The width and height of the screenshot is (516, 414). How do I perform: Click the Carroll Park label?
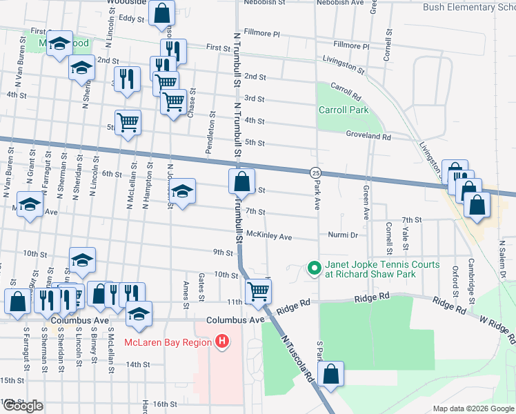tap(343, 110)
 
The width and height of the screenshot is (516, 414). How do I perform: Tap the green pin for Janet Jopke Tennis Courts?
tap(314, 267)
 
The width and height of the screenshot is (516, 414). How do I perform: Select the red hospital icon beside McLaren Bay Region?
tap(221, 341)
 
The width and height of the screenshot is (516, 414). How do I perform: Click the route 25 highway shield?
tap(315, 172)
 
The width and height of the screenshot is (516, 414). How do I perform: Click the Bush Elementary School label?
tap(470, 7)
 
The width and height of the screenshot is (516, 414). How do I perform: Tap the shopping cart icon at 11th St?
tap(258, 290)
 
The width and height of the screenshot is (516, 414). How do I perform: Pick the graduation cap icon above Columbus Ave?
tap(139, 313)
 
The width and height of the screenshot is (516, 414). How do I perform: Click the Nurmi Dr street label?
tap(343, 235)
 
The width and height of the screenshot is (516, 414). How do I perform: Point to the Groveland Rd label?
tap(368, 137)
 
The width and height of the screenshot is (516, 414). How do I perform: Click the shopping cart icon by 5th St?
tap(128, 123)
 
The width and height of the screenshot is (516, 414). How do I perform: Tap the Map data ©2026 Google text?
tap(473, 408)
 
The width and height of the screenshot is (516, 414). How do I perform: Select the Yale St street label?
tap(406, 235)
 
